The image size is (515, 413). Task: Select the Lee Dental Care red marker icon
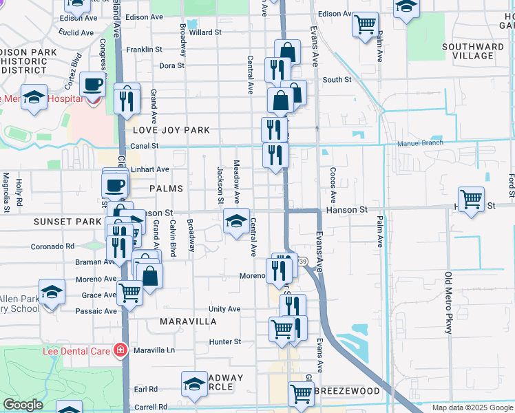coord(120,350)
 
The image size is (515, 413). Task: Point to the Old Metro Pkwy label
coord(448,304)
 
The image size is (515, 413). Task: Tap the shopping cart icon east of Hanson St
coord(471,200)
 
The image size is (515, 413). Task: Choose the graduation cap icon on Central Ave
coord(236,222)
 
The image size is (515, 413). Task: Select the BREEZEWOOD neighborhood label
coord(347,391)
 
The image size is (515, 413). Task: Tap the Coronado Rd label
coord(52,246)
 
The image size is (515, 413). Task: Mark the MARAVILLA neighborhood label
coord(188,321)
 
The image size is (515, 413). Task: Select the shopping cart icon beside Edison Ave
coord(365,24)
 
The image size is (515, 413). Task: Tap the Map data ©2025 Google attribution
coord(472,407)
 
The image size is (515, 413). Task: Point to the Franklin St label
coord(149,50)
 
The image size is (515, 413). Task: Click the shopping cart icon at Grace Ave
coord(129,293)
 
